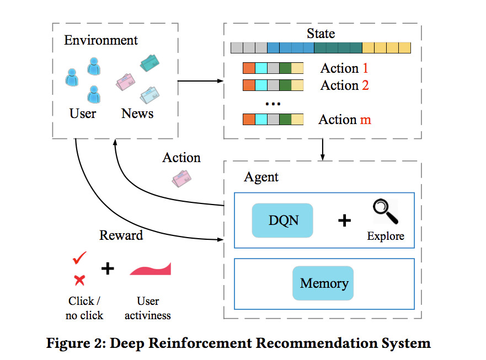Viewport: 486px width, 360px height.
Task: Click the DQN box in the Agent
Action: coord(282,221)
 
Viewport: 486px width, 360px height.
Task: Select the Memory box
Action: coord(323,283)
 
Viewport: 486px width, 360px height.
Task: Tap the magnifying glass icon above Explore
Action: coord(384,212)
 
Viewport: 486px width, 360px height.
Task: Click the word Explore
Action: coord(386,237)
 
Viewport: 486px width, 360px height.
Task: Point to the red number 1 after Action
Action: coord(365,68)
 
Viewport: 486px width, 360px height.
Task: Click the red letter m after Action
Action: coord(366,120)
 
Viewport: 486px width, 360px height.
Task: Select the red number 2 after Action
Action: coord(365,85)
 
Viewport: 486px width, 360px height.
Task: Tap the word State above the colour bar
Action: coord(321,33)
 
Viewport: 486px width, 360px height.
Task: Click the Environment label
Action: coord(101,40)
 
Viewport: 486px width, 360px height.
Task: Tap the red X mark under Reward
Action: coord(79,280)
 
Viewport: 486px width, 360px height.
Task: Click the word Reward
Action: coord(121,235)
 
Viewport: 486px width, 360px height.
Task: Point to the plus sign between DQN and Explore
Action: coord(344,221)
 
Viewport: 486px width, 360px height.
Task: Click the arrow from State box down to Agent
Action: coord(323,150)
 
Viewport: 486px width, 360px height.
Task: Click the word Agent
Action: coord(261,178)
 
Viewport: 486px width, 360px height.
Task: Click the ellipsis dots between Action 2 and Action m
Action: coord(273,103)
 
